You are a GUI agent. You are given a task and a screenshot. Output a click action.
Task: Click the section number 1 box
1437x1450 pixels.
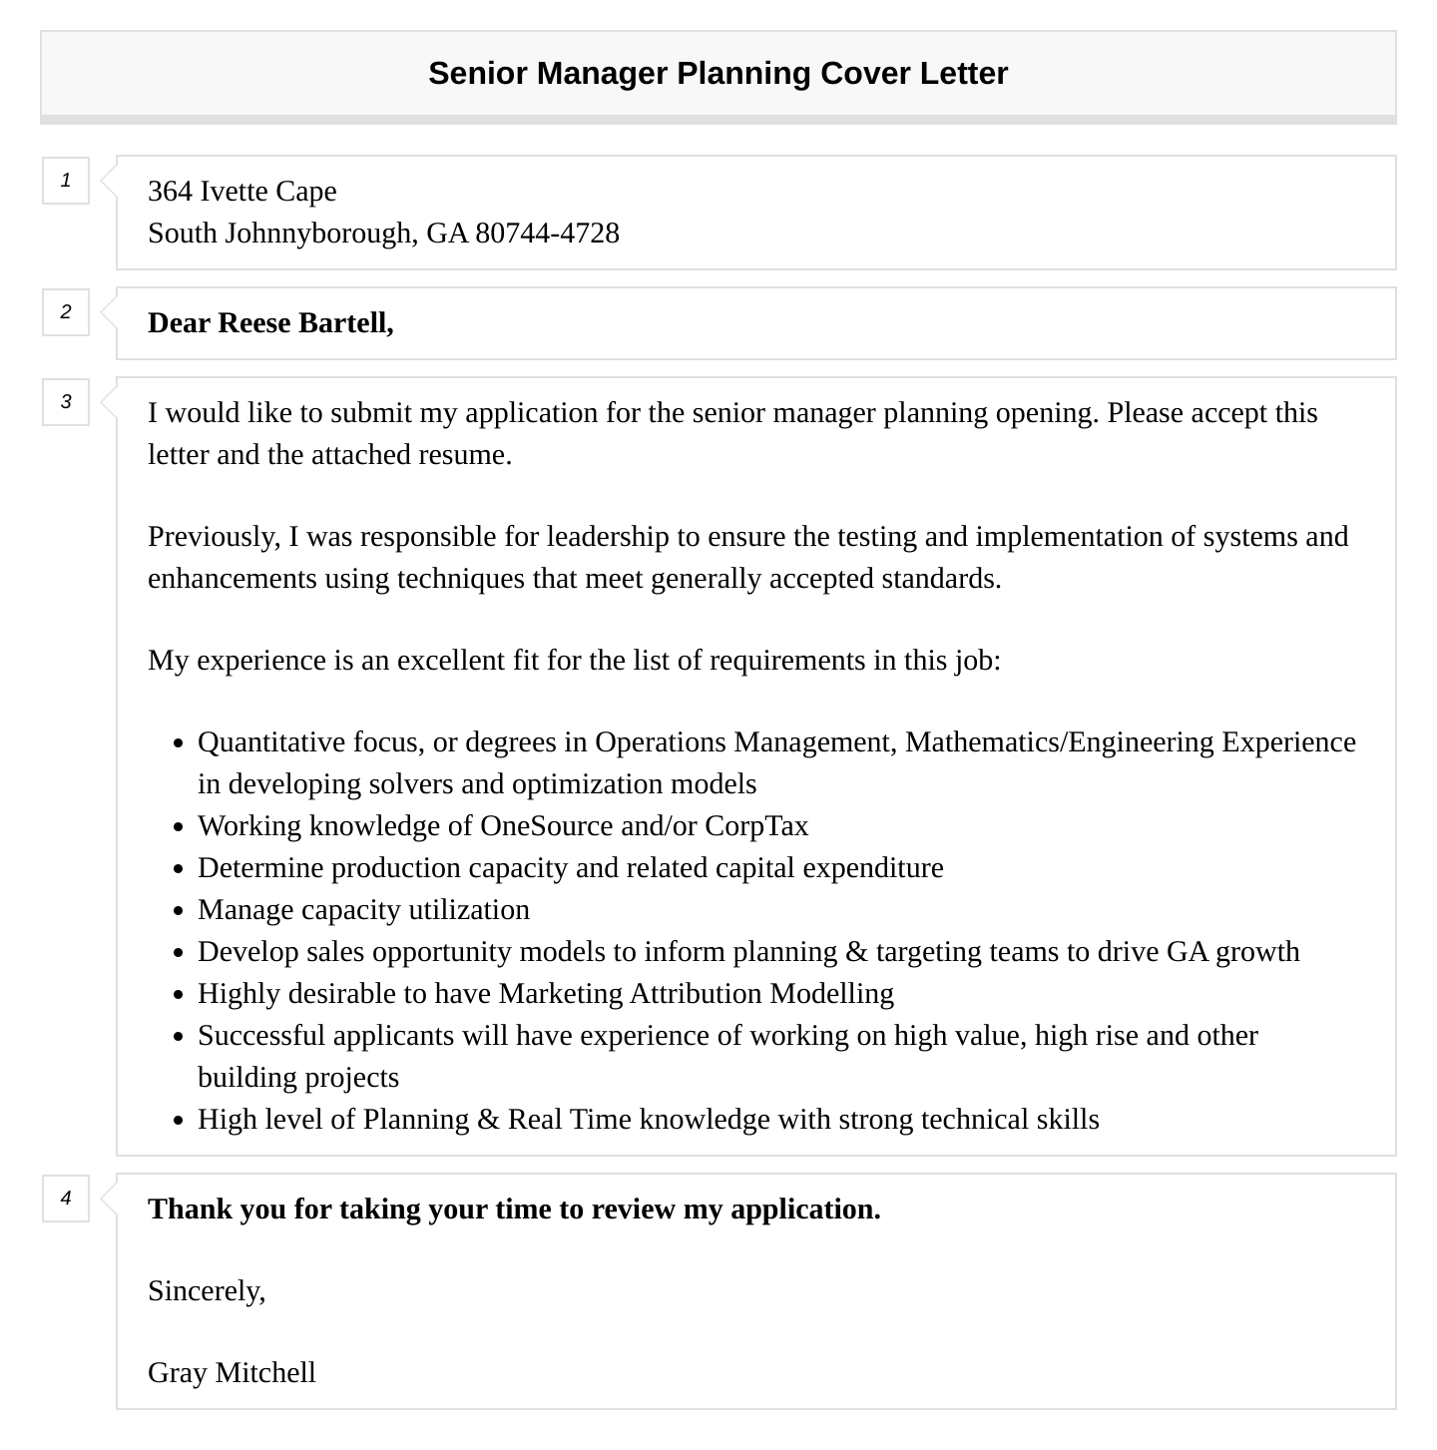[x=66, y=181]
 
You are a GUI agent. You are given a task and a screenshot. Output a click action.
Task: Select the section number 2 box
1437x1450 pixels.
[x=66, y=312]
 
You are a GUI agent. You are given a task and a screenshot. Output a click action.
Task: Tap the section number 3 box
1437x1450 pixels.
[x=66, y=402]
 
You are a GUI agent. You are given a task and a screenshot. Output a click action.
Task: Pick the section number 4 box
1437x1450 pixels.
[x=66, y=1198]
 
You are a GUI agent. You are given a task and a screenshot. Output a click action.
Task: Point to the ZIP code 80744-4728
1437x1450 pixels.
[x=547, y=234]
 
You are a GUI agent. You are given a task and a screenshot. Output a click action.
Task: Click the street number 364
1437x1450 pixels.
[x=170, y=192]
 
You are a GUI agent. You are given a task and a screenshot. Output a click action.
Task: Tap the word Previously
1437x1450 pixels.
[x=214, y=537]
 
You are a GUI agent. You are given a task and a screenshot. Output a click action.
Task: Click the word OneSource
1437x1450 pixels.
[x=546, y=826]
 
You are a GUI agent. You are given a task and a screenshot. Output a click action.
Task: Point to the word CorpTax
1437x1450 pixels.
[x=755, y=826]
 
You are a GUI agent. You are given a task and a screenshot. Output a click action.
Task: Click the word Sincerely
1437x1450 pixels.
[x=206, y=1291]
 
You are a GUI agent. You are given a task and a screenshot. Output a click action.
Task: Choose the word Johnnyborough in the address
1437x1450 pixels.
[x=317, y=234]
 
